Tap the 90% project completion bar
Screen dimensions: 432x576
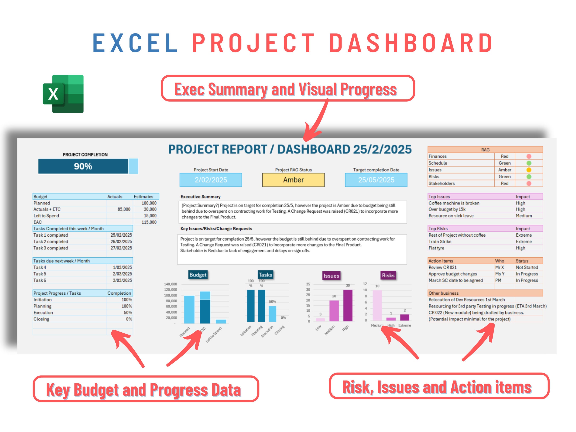coord(83,166)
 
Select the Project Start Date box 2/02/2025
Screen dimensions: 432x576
coord(211,180)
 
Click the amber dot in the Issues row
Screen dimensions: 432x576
coord(529,170)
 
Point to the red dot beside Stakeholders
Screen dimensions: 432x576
coord(529,183)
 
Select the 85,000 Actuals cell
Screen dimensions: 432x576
coord(124,209)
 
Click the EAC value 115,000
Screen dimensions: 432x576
coord(149,222)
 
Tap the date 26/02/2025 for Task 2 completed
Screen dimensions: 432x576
coord(121,241)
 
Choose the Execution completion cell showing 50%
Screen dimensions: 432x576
coord(128,313)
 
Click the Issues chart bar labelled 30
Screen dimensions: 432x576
coord(348,305)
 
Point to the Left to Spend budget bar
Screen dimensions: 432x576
coord(221,321)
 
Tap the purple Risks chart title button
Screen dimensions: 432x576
coord(388,275)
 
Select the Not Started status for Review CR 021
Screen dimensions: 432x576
coord(527,267)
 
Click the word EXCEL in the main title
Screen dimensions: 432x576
coord(135,43)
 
